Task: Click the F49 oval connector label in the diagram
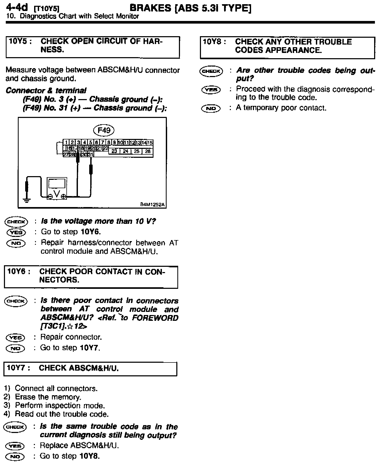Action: pos(104,130)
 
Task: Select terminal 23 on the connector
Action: pos(114,151)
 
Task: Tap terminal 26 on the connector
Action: pos(148,151)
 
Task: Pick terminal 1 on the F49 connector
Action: pos(67,143)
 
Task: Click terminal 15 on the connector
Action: pos(150,143)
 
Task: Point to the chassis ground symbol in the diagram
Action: pos(26,201)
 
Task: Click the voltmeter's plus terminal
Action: pos(63,196)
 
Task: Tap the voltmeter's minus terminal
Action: pos(50,196)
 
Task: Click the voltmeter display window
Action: pos(57,183)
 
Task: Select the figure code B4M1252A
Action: pos(152,205)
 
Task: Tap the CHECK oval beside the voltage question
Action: pos(16,222)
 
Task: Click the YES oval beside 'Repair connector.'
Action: pos(15,338)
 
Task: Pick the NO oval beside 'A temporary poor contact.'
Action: pos(211,108)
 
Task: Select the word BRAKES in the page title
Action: pos(150,8)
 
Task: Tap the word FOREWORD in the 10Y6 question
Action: pos(155,318)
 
